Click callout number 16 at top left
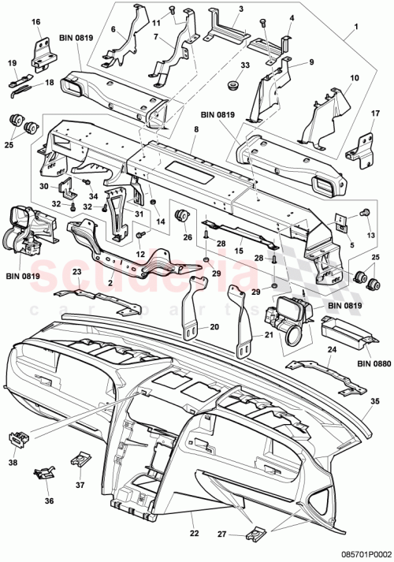pyautogui.click(x=35, y=23)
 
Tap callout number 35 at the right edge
pyautogui.click(x=375, y=401)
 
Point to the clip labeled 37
pyautogui.click(x=81, y=459)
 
